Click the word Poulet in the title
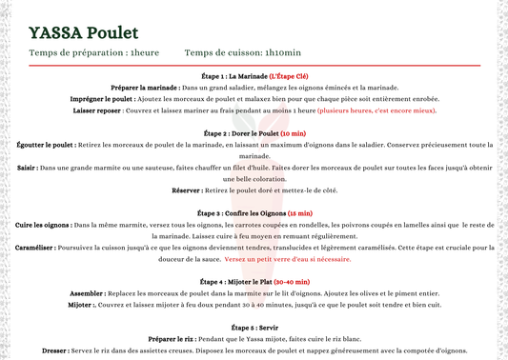[118, 33]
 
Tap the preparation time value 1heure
[145, 53]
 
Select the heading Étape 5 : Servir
[254, 328]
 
